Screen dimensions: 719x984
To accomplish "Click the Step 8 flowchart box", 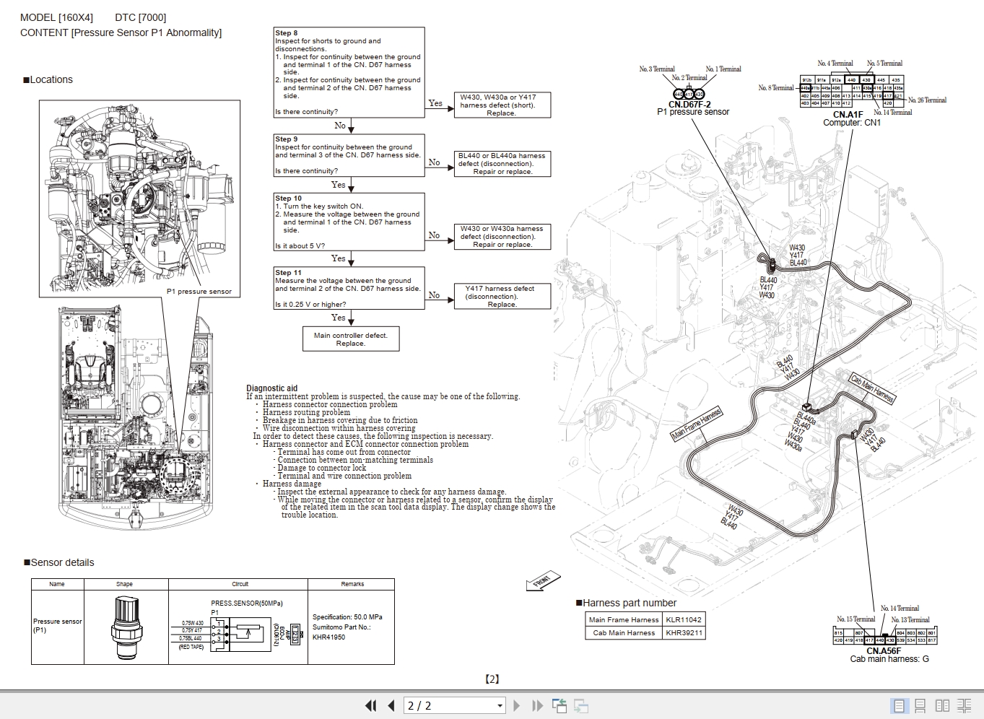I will (x=349, y=72).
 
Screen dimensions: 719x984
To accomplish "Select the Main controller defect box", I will (x=350, y=339).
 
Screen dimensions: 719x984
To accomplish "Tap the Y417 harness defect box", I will (x=502, y=296).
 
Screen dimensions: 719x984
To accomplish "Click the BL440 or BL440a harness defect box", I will (x=502, y=163).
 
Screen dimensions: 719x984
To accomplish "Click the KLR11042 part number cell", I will (x=683, y=619).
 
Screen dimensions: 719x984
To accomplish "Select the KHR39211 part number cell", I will (x=683, y=632).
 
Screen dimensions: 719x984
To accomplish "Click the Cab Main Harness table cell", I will (x=624, y=632).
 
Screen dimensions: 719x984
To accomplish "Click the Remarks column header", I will (x=352, y=584).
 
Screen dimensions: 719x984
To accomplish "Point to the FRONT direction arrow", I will (x=543, y=581).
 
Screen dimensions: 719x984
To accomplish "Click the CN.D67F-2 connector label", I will (x=689, y=105).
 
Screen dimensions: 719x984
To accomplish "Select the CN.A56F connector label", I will (x=884, y=650).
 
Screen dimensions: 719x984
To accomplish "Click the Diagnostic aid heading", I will (x=271, y=388).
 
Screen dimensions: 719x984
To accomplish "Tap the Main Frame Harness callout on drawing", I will (x=696, y=424).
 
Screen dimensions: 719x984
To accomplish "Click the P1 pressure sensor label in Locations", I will (x=199, y=292).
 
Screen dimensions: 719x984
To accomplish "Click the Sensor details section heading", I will (x=62, y=562).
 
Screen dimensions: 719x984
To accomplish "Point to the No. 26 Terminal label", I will (x=927, y=100).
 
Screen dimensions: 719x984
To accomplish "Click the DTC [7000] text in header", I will (x=140, y=17).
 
